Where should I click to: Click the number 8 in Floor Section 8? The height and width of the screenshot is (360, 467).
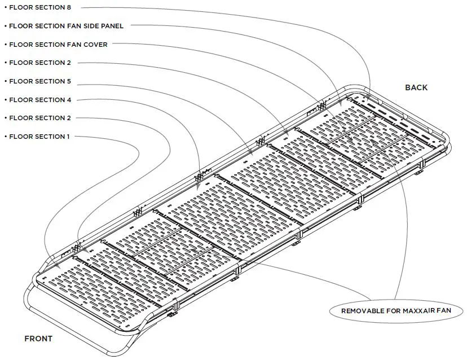click(x=68, y=7)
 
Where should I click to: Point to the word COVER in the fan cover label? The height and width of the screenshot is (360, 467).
click(x=96, y=44)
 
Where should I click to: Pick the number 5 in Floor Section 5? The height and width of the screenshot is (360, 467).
click(x=68, y=81)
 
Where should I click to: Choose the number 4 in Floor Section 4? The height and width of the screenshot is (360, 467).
click(x=68, y=100)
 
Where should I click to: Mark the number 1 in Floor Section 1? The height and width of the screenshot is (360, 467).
click(x=68, y=137)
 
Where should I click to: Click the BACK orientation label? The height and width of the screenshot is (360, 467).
click(x=416, y=87)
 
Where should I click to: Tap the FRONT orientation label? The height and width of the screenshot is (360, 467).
click(x=38, y=339)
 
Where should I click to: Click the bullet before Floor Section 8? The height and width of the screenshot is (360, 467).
click(x=5, y=8)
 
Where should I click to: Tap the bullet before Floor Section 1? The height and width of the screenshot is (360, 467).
click(x=5, y=137)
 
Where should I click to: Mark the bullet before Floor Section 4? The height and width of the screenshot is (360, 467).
click(x=5, y=100)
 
